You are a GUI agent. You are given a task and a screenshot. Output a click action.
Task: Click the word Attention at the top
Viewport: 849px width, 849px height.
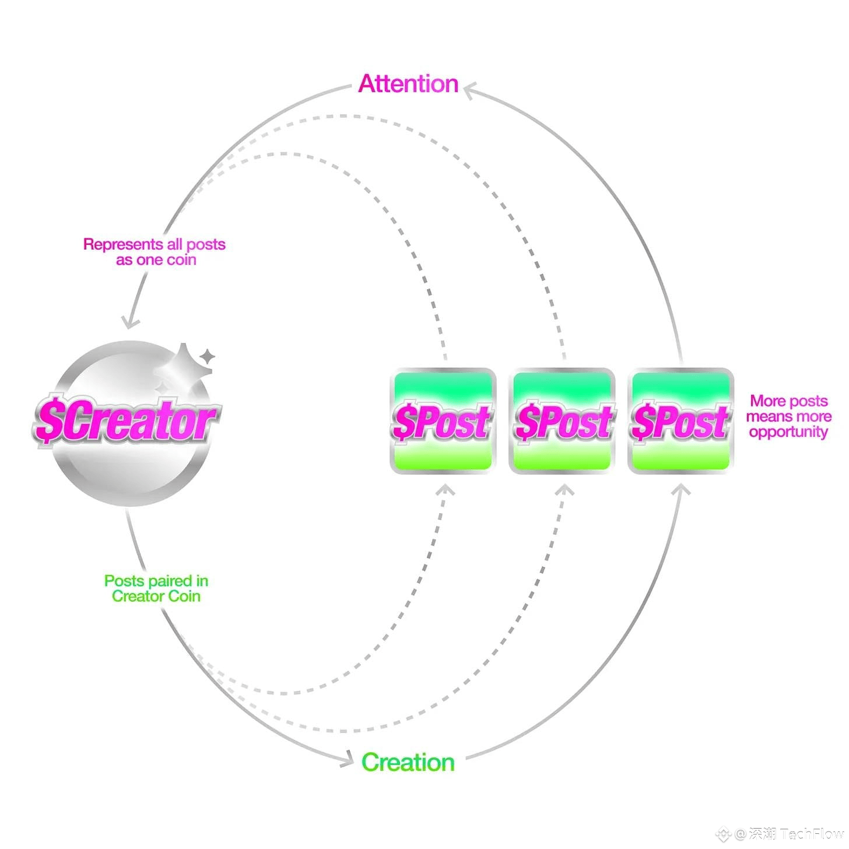[408, 84]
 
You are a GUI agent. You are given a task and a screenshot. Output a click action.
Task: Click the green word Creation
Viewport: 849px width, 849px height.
[408, 762]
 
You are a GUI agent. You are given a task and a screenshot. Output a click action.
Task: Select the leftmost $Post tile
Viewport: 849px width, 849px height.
[443, 420]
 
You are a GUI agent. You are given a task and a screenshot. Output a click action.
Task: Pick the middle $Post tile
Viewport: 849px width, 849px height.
[563, 420]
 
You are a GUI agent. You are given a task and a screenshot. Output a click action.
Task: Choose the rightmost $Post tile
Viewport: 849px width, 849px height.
[680, 420]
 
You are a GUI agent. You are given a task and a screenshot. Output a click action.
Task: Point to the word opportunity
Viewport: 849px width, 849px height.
[788, 432]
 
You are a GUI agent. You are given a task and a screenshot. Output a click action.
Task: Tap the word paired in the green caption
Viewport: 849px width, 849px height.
[171, 581]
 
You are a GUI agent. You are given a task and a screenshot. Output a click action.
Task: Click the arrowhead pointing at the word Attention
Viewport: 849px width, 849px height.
[470, 90]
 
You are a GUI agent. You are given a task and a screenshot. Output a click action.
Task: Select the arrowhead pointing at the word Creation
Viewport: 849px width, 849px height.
[348, 759]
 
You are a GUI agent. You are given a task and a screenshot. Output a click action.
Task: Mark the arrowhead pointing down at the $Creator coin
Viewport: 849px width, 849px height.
[129, 321]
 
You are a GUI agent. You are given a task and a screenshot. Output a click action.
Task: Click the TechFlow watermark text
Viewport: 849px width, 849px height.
[811, 834]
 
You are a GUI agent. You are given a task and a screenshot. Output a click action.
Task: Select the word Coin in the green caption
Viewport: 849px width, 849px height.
[185, 596]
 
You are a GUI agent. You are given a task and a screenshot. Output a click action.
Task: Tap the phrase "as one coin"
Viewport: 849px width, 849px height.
[156, 260]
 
